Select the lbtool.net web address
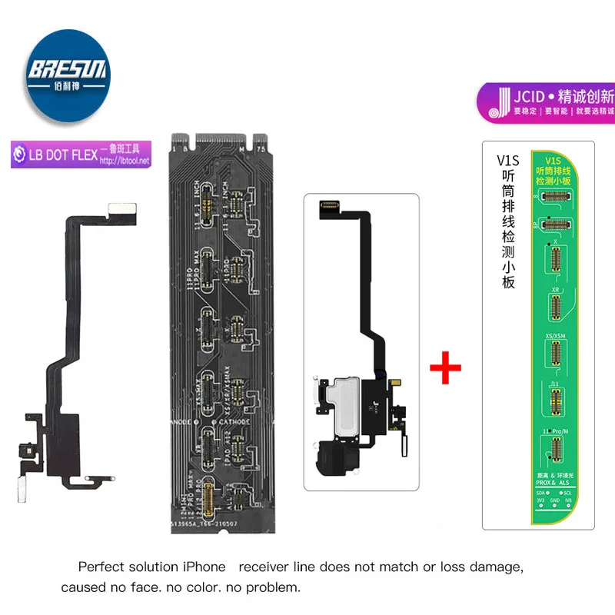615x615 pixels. (125, 160)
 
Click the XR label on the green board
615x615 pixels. (555, 290)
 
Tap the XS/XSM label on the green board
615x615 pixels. (555, 336)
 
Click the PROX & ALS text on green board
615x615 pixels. (556, 482)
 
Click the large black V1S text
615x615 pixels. (508, 161)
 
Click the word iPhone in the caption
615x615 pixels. (204, 567)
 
